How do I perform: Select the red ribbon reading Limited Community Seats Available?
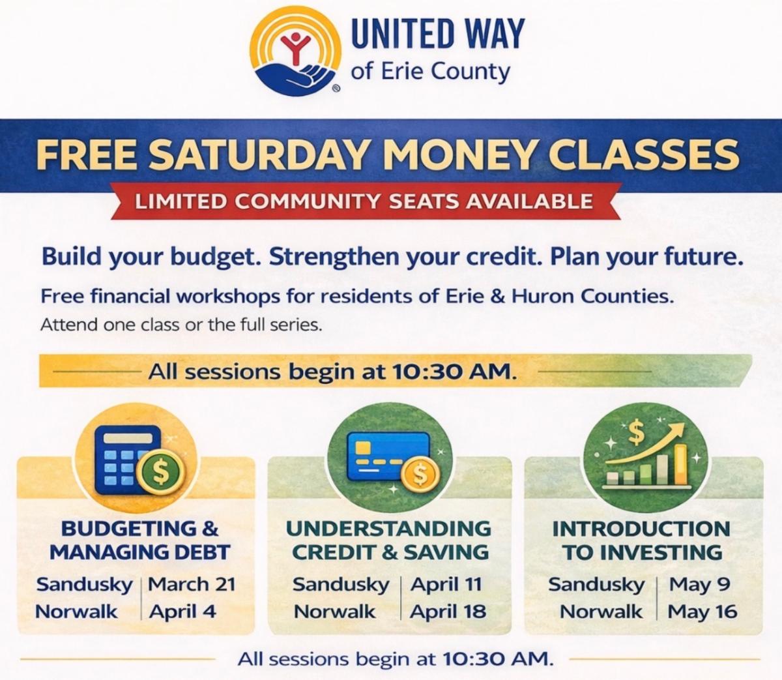point(364,201)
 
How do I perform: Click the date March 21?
point(192,584)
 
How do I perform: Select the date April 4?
point(182,612)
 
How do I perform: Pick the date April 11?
point(446,584)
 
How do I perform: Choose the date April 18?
point(448,612)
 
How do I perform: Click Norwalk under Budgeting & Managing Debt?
point(76,612)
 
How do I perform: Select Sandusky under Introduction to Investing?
point(596,584)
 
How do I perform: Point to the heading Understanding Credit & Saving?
point(390,540)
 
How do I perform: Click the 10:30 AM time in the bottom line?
point(497,658)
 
